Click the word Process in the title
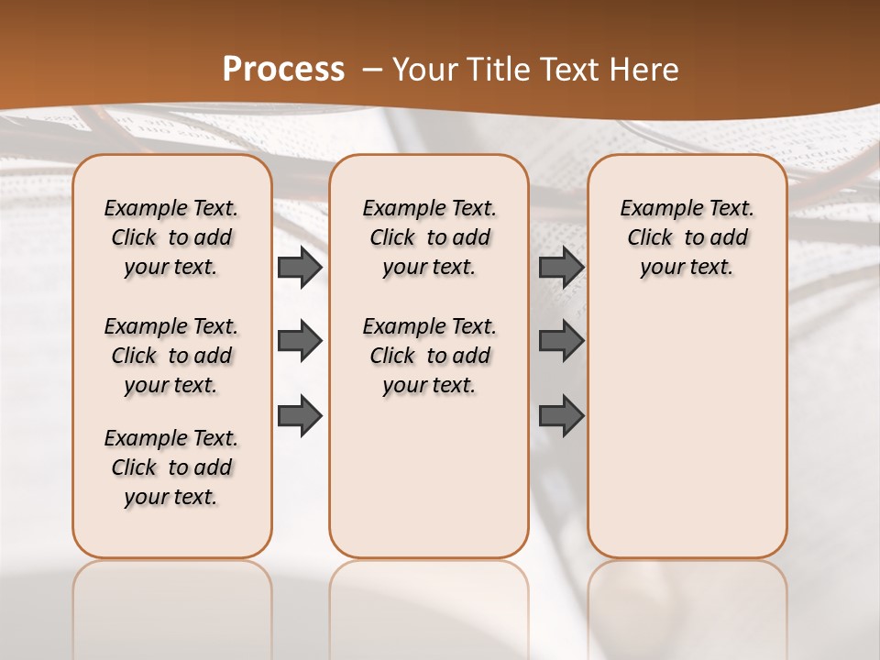(x=283, y=70)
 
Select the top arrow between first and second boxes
(x=300, y=268)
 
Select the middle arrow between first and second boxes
(x=300, y=342)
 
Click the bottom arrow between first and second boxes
(x=300, y=415)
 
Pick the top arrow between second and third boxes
(x=561, y=268)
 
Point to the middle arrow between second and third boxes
(x=561, y=342)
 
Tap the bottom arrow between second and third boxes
(x=561, y=415)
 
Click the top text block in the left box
(x=171, y=237)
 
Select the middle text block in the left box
(x=171, y=356)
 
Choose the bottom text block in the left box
(x=171, y=467)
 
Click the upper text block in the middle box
(x=429, y=237)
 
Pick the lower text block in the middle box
(x=429, y=356)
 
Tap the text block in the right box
(x=687, y=237)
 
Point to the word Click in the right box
(x=650, y=238)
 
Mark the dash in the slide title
(x=372, y=70)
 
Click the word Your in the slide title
(x=422, y=70)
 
